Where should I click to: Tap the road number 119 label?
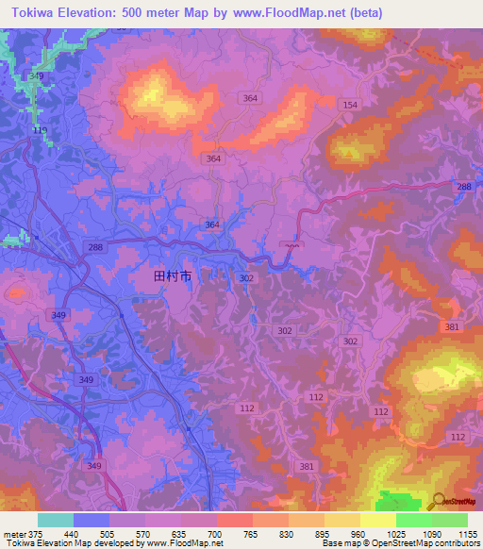(x=40, y=129)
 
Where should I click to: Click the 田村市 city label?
(x=173, y=277)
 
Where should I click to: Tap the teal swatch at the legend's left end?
(x=56, y=520)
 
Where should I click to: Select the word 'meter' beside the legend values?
(x=13, y=533)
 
